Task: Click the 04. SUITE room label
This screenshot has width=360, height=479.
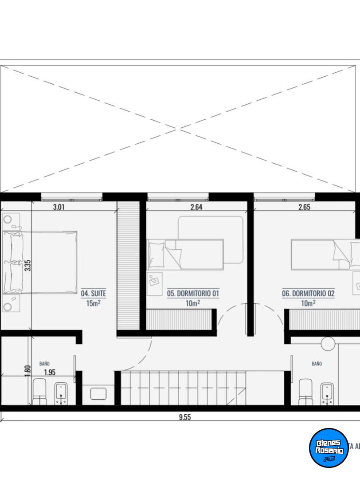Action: [x=94, y=294]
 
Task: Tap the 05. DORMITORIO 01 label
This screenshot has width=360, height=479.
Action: [x=193, y=294]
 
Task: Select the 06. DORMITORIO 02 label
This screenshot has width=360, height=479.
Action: [x=308, y=294]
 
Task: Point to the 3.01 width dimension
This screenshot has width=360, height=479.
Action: [x=59, y=207]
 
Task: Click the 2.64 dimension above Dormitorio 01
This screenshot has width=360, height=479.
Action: [x=196, y=207]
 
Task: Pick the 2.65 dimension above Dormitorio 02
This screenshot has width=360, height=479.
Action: [x=305, y=207]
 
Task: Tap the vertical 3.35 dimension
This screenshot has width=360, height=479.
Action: [x=28, y=265]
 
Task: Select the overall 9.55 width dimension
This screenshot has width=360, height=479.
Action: [x=185, y=417]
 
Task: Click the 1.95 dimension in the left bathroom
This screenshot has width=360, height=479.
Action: [x=50, y=373]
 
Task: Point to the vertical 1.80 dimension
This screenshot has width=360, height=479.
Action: [x=28, y=371]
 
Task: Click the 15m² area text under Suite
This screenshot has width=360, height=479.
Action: [x=93, y=303]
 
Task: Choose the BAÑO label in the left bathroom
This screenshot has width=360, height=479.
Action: [x=44, y=364]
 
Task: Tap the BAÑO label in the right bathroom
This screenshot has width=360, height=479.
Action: [x=317, y=364]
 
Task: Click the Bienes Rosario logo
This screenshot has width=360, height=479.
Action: [x=329, y=448]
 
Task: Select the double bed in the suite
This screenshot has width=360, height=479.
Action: [x=39, y=263]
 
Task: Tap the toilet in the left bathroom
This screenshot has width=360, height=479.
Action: [x=39, y=392]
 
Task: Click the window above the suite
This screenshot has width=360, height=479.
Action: [x=71, y=197]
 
